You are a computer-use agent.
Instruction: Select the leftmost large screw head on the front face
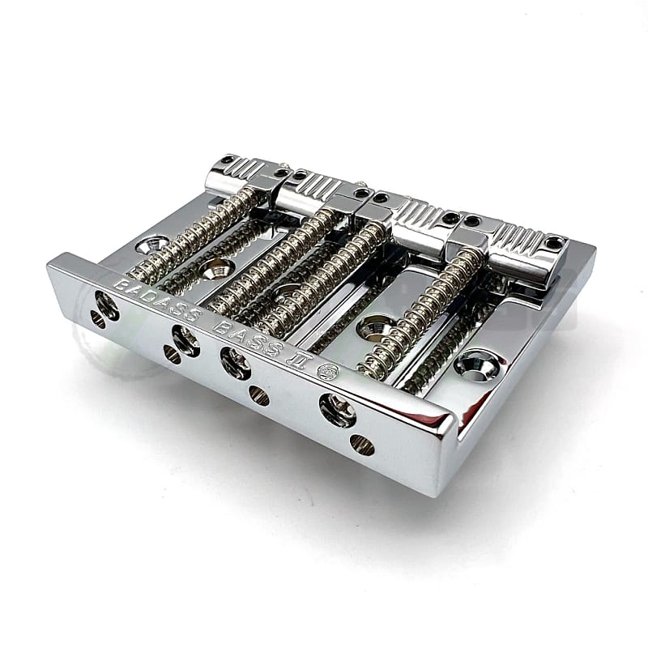[x=106, y=305]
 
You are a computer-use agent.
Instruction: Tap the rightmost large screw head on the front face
[x=337, y=409]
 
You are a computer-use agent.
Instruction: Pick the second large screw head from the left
[x=185, y=340]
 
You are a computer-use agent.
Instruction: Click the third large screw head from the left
[x=236, y=362]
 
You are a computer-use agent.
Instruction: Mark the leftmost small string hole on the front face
[x=97, y=319]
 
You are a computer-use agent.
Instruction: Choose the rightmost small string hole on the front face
[x=362, y=445]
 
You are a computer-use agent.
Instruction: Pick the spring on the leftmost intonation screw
[x=194, y=235]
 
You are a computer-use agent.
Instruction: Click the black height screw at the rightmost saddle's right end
[x=554, y=242]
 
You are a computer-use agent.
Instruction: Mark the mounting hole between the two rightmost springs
[x=375, y=326]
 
